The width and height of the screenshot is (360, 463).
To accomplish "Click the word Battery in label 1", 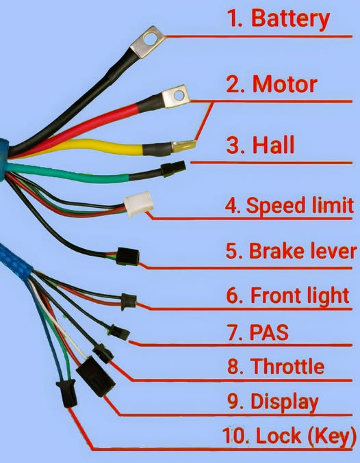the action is pos(290,19).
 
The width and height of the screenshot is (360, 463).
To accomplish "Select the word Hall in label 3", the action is pos(273,144).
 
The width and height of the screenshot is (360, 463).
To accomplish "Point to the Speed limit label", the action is pos(289,205).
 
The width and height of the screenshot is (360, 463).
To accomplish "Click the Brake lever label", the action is pos(291,251).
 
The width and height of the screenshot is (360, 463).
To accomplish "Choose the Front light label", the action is pos(288,295).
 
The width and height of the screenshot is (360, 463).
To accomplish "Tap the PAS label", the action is pos(258,332).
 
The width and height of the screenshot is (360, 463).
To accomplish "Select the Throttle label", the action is pos(276,366).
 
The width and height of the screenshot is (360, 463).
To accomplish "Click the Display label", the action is pos(273,402).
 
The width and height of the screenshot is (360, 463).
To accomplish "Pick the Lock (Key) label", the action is pos(290,436).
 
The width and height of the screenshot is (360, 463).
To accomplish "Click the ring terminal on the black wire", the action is pos(147,42).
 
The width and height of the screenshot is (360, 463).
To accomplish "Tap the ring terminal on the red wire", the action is pos(176,96).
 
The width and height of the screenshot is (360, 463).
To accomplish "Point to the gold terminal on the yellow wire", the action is pos(184,146).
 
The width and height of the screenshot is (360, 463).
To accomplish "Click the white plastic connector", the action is pos(138,204).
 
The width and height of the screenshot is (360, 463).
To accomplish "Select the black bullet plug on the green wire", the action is pos(173,169).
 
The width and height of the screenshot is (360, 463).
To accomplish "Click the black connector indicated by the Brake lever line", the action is pos(127,256).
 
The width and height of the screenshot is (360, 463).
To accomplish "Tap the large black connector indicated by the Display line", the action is pos(96,376).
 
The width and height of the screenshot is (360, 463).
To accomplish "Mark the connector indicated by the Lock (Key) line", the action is pos(67,393).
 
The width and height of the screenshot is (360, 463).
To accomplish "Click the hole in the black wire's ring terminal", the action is pos(150,39).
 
